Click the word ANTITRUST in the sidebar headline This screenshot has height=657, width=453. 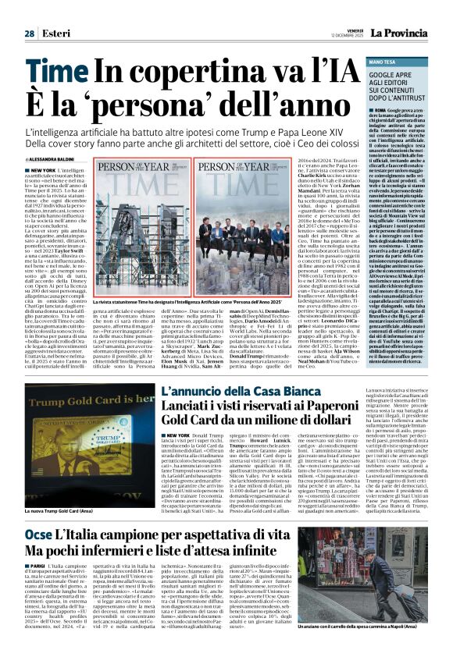397,98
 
